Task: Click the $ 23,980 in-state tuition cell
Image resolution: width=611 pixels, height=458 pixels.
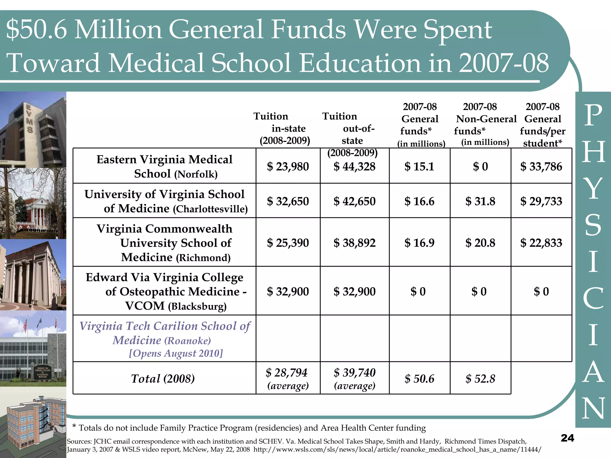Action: pos(288,166)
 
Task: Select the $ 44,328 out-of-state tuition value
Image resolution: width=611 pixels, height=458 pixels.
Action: pos(354,166)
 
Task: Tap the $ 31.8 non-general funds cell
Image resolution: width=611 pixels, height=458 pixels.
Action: pos(480,201)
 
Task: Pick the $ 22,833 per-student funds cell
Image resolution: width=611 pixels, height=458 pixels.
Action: pos(541,243)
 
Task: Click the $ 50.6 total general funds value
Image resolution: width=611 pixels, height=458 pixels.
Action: pos(419,379)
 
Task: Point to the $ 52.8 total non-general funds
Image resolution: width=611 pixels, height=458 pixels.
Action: pos(480,379)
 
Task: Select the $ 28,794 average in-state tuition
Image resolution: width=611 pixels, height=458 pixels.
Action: pos(286,373)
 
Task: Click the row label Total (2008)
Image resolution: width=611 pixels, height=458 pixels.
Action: pos(163,379)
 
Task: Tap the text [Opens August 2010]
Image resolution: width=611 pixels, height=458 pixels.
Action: pos(176,353)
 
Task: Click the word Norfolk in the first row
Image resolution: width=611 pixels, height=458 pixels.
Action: pos(196,174)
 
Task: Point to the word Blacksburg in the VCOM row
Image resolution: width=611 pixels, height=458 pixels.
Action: pos(197,307)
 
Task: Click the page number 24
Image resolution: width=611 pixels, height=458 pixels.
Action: pos(567,438)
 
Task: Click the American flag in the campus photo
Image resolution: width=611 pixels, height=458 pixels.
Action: pos(25,325)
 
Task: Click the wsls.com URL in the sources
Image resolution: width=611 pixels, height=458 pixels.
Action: pos(397,449)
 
